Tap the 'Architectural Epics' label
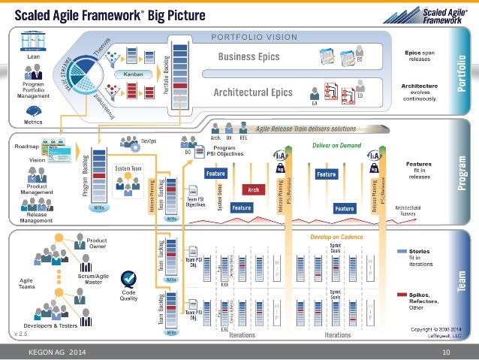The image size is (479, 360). click(252, 92)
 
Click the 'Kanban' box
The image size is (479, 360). click(128, 75)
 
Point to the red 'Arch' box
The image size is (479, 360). click(254, 190)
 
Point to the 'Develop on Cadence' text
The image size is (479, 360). click(336, 237)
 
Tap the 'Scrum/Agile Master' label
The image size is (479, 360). click(96, 278)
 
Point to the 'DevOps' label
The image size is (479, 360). click(149, 141)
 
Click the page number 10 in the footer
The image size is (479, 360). click(446, 352)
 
